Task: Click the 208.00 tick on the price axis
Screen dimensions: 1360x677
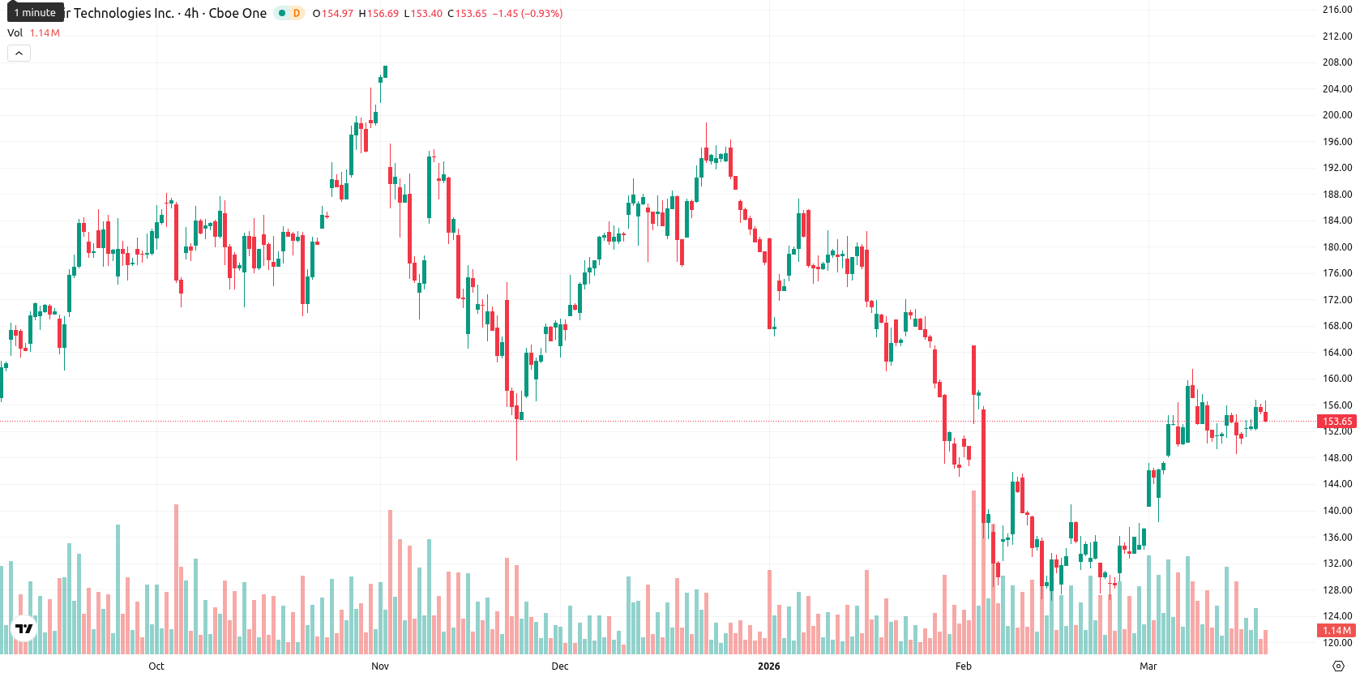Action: [1337, 62]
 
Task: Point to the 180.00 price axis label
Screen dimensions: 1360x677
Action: [1337, 247]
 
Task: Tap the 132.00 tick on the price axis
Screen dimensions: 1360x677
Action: [1337, 563]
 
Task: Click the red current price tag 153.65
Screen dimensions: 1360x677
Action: [1337, 422]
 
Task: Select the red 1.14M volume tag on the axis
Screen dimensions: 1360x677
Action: [1337, 631]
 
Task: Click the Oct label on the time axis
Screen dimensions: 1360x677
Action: [156, 666]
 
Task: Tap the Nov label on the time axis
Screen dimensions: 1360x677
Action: [380, 666]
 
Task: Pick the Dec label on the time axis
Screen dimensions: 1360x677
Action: [560, 666]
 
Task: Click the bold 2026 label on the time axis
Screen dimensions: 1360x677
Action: [768, 666]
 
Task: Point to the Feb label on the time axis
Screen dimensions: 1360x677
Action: [964, 666]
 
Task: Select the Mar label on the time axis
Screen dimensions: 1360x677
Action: [1148, 666]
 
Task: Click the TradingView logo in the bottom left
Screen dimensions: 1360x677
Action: [24, 629]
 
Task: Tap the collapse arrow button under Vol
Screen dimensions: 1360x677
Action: [19, 54]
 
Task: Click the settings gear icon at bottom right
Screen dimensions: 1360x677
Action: [1338, 666]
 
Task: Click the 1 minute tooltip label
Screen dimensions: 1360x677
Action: [35, 13]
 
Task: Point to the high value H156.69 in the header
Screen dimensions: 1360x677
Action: [378, 13]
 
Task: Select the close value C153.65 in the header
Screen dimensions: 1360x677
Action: [467, 13]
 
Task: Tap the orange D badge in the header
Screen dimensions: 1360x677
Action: [297, 13]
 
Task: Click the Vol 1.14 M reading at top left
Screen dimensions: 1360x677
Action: [33, 32]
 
